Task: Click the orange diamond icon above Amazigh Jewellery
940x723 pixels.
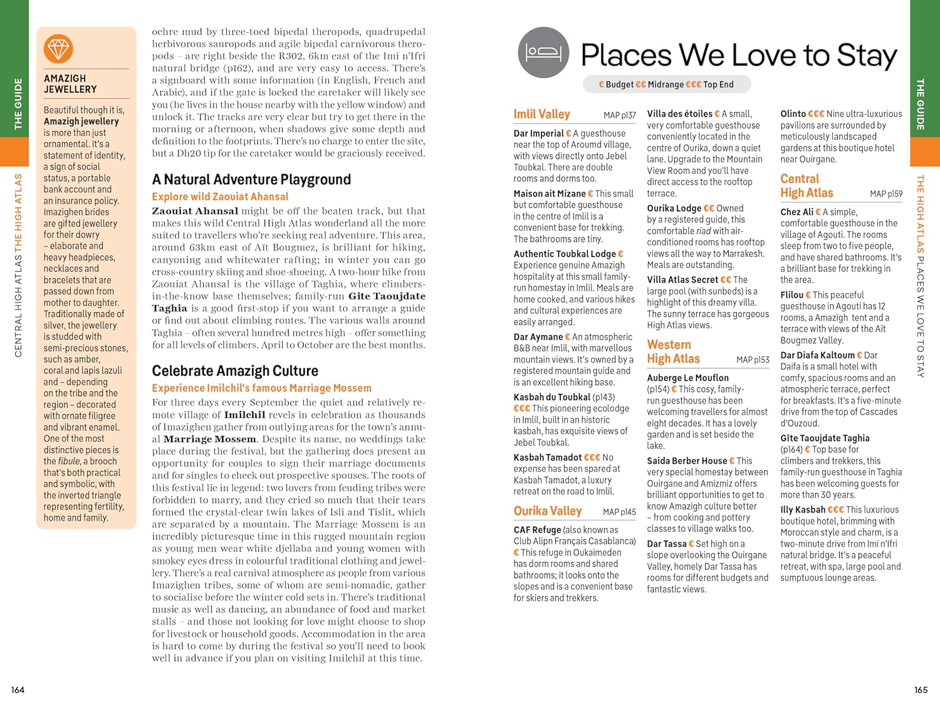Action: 58,49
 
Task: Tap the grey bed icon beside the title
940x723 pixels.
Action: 543,53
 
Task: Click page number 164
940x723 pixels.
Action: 18,690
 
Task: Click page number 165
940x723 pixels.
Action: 921,690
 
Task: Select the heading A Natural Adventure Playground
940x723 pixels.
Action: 251,180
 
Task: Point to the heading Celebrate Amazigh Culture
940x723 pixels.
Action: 235,371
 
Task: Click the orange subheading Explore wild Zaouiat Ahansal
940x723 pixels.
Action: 220,197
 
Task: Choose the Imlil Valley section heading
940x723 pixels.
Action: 541,114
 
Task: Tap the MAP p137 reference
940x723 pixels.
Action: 619,115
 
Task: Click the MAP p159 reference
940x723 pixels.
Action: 886,194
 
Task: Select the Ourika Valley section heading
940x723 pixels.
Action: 548,511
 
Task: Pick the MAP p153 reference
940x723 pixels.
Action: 753,360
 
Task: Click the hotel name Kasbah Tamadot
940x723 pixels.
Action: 547,457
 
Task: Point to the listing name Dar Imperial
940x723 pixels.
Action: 538,133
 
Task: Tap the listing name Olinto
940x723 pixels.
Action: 793,114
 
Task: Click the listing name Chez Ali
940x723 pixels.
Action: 796,212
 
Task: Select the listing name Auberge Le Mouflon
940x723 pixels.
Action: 687,378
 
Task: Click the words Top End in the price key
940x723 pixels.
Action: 718,85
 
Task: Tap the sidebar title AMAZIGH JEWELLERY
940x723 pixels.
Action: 70,84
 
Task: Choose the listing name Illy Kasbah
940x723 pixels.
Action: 803,510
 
